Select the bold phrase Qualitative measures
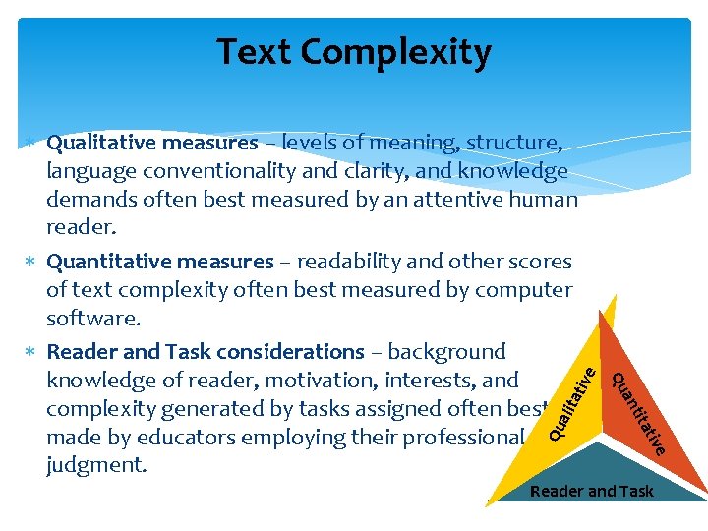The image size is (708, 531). pos(152,143)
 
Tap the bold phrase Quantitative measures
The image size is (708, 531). pos(160,262)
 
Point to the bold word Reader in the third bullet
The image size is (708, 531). pos(82,351)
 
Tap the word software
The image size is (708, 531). pos(92,319)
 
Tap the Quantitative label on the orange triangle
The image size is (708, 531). pos(640,413)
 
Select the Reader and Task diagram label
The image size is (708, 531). pos(591,491)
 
